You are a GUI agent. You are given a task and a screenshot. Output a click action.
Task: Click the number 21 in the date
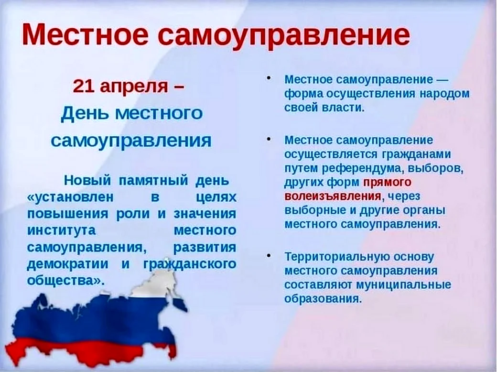[84, 86]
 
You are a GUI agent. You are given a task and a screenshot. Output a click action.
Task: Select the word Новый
[87, 180]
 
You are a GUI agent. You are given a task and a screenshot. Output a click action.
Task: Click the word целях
[216, 198]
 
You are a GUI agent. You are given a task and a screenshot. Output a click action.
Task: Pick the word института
[61, 230]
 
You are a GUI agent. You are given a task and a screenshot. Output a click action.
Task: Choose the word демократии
[67, 264]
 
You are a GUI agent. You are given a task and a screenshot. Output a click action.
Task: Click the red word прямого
[387, 183]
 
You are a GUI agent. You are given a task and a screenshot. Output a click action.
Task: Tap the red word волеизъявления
[333, 197]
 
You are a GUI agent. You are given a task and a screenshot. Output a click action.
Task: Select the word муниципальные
[403, 285]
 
